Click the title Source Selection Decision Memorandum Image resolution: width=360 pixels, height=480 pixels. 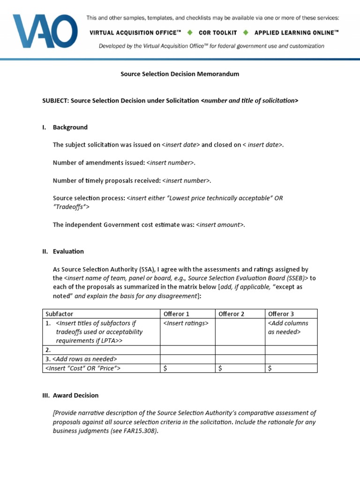180,74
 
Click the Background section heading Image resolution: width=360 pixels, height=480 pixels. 70,127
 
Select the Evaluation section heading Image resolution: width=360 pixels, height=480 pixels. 68,251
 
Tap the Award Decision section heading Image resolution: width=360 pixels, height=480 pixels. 75,395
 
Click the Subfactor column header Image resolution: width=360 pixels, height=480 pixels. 59,314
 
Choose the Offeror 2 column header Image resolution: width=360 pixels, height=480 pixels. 232,314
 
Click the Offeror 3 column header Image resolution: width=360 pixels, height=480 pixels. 281,314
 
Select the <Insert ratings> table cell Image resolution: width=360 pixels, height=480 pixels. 186,323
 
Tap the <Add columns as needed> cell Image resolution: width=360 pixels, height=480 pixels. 287,327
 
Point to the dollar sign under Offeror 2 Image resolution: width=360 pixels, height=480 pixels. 220,368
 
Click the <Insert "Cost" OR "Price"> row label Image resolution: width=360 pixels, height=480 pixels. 83,368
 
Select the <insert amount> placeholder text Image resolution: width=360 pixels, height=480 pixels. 219,225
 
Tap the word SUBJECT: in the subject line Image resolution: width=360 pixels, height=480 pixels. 55,101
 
